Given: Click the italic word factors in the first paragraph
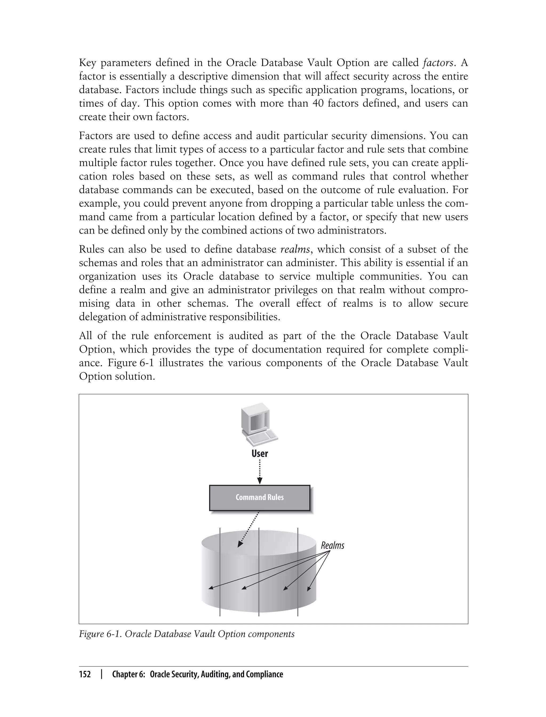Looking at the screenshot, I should pyautogui.click(x=438, y=62).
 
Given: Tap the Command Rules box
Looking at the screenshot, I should pyautogui.click(x=259, y=497).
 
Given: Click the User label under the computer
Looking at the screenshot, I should pyautogui.click(x=260, y=453).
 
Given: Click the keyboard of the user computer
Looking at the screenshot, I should pyautogui.click(x=262, y=438).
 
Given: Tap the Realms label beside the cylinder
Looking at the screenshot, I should pyautogui.click(x=332, y=545).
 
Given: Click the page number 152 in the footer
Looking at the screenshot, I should pyautogui.click(x=85, y=674).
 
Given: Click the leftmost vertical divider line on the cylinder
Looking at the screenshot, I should pyautogui.click(x=220, y=572).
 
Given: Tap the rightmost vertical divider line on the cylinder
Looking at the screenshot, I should pyautogui.click(x=298, y=572).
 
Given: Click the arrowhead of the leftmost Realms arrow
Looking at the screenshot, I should pyautogui.click(x=211, y=588).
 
